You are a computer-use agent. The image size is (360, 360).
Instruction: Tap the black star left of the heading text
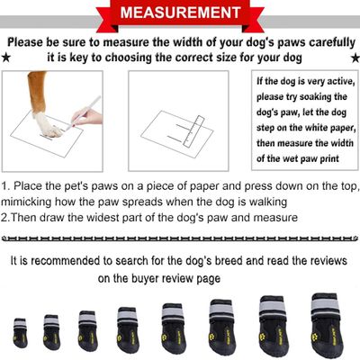tap(8, 58)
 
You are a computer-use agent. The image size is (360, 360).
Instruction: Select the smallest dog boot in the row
tap(20, 332)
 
